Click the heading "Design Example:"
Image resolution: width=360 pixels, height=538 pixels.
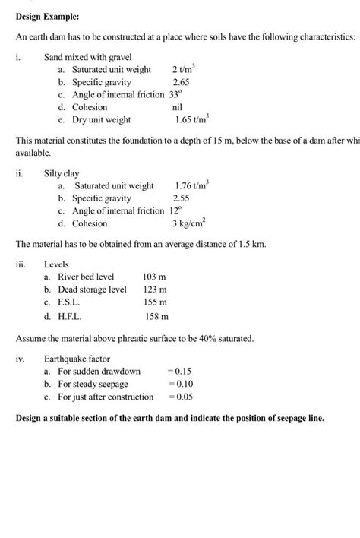point(47,16)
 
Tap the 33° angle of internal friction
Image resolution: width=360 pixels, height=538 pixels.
point(177,94)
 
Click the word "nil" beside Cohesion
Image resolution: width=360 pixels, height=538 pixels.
point(177,107)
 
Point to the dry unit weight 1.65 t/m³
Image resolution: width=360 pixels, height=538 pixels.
point(191,119)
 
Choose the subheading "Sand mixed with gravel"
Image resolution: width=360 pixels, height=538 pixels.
point(88,57)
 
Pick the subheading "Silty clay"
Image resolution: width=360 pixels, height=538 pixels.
point(62,174)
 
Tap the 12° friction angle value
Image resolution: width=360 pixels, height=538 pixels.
point(176,210)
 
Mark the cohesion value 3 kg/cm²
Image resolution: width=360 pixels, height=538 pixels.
point(189,223)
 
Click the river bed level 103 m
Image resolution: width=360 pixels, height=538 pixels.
point(155,277)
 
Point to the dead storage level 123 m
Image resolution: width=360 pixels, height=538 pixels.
point(155,290)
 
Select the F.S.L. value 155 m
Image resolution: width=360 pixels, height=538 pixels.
point(155,302)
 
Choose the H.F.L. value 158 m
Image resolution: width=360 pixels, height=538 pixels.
point(156,315)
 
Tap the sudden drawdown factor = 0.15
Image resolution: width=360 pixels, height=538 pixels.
point(179,372)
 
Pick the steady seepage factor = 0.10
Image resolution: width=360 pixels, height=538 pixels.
point(179,384)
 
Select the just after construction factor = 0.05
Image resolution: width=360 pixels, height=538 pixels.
point(179,397)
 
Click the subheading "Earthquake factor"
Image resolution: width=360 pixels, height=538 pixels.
point(77,359)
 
